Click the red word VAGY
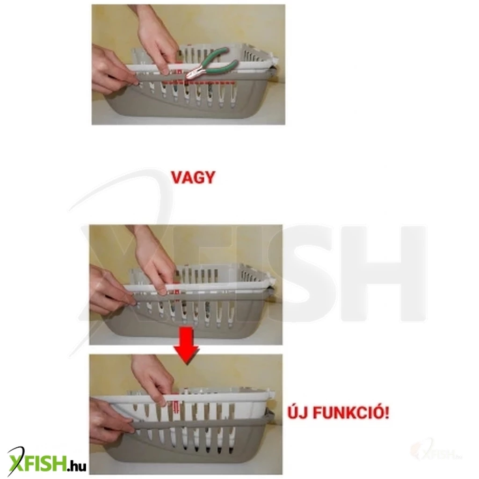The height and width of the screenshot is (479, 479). pos(193,177)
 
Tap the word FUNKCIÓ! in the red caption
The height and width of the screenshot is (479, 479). pos(351,413)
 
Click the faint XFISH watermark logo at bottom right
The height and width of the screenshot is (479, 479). pos(437,451)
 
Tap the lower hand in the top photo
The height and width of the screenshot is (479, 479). pos(113,72)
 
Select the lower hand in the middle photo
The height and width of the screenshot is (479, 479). pos(111,290)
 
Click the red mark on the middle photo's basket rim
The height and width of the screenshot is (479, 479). pos(176,292)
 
